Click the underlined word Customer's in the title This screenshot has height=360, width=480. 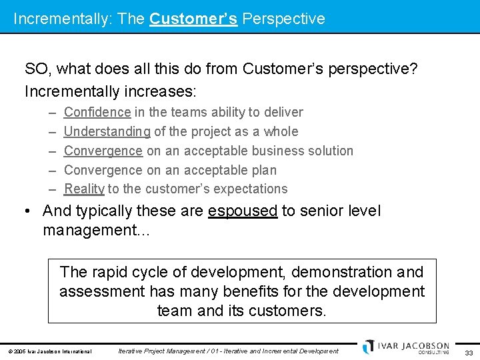193,19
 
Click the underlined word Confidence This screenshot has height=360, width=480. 97,112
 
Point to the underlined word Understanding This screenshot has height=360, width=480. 107,131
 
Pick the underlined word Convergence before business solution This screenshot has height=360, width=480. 103,151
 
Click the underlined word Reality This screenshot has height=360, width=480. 84,189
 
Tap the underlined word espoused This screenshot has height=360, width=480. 243,211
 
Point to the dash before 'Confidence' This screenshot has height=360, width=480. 53,112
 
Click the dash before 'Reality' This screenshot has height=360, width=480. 53,189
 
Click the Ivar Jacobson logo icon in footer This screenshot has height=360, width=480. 368,347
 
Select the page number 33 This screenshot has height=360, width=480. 468,352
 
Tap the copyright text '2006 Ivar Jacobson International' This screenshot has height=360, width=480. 49,351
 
